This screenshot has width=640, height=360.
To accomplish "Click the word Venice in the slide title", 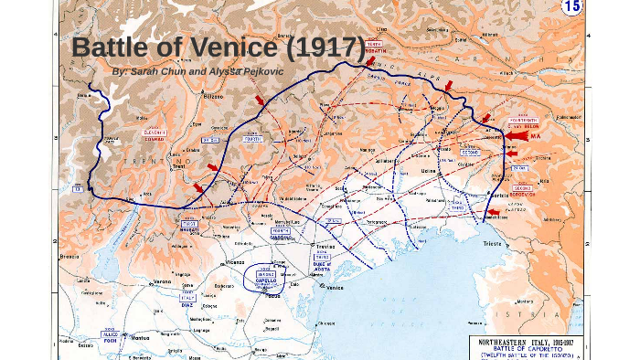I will click(240, 48).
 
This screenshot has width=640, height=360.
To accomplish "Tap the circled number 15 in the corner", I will click(571, 7).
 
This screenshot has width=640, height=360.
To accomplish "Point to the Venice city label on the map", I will click(334, 288).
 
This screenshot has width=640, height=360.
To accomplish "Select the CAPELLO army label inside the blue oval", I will click(265, 282).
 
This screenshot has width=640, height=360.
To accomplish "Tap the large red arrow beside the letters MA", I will click(517, 136).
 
